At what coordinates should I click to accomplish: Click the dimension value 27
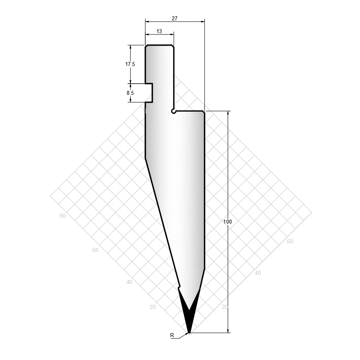174,18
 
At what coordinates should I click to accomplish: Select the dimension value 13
159,31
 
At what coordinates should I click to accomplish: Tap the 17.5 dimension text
130,64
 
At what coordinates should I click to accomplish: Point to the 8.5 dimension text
130,93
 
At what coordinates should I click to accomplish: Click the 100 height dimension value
228,222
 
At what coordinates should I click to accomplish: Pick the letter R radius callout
172,336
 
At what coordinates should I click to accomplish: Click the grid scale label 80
62,216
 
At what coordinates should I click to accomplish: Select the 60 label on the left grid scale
95,250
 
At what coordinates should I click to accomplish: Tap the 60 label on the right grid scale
290,241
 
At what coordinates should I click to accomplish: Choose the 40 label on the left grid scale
129,282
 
